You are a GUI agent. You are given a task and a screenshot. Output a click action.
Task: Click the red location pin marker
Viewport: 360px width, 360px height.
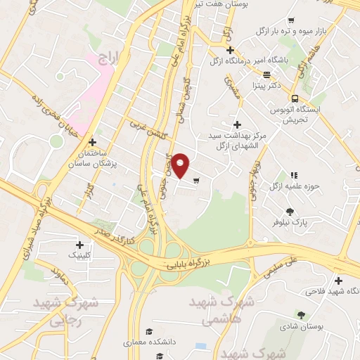[x=181, y=165]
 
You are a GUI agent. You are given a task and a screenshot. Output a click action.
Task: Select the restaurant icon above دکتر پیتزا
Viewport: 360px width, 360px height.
[x=266, y=75]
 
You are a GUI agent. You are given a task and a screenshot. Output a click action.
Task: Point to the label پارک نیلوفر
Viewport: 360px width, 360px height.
[x=290, y=222]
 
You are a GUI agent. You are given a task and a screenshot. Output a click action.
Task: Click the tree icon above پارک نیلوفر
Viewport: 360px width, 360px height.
[x=290, y=211]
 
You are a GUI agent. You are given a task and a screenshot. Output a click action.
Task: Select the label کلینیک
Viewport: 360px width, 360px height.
[x=78, y=255]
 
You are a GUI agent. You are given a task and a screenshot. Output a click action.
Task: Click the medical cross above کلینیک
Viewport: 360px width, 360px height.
[x=78, y=243]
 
